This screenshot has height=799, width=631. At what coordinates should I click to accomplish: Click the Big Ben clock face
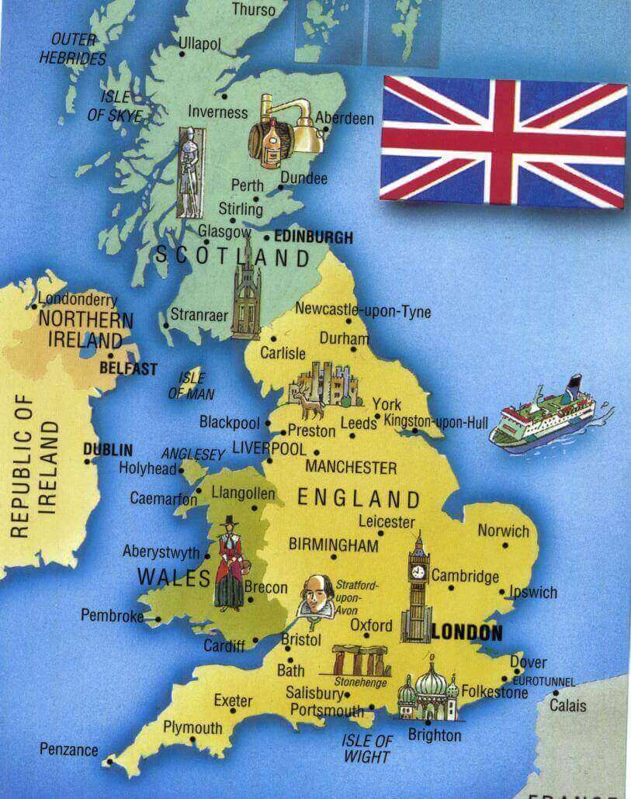[x=419, y=571]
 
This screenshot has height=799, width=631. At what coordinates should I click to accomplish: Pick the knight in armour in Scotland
[x=188, y=171]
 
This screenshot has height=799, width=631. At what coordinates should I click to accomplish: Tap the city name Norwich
[x=503, y=531]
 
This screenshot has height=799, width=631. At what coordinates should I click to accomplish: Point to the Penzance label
[x=69, y=749]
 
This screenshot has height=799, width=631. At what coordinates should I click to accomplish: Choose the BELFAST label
[x=129, y=369]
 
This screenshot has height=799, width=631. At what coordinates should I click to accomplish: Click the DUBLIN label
[x=108, y=449]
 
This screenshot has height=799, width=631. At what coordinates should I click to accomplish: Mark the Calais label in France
[x=568, y=706]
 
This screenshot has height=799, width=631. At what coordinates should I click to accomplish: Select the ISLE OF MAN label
[x=192, y=386]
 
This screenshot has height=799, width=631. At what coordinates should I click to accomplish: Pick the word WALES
[x=174, y=578]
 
